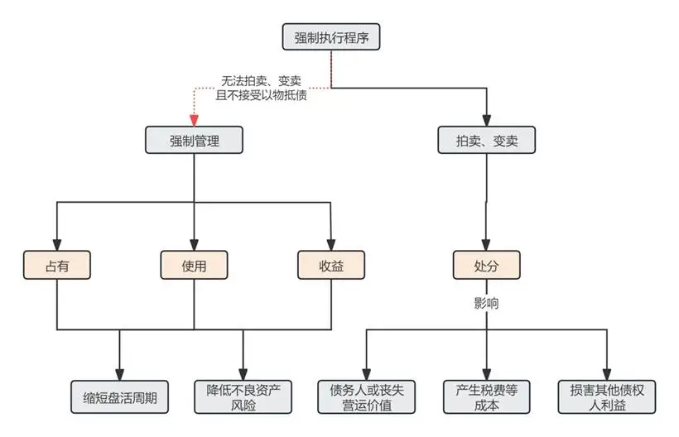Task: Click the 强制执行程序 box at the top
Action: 331,37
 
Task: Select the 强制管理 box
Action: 195,140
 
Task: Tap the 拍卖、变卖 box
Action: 486,141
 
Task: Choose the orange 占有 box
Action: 56,266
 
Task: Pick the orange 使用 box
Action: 194,266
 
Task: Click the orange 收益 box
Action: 330,266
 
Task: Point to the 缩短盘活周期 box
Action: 120,396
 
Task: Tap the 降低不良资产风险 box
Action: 243,396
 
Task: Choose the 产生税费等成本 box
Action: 486,396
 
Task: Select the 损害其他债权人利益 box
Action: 609,396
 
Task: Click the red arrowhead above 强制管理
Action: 195,121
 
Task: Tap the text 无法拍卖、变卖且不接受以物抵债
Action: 259,89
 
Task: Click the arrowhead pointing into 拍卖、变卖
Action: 486,122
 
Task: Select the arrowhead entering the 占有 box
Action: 56,246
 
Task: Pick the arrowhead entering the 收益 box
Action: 330,246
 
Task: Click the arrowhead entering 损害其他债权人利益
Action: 609,375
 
